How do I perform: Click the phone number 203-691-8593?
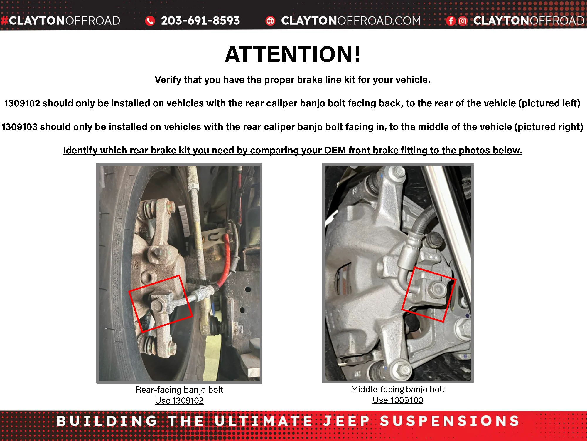200,21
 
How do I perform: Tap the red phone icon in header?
150,21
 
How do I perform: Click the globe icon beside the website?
270,21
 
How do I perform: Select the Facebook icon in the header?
451,21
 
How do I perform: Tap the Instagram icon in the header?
463,21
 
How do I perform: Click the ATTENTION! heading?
293,54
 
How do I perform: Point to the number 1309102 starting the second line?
22,103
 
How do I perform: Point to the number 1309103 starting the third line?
20,127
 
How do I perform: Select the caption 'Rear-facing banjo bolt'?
179,390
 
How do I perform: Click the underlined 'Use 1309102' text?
179,400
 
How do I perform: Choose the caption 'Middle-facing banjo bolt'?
398,389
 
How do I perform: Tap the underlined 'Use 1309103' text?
398,400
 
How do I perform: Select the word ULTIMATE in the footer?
264,421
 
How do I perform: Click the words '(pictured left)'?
549,103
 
